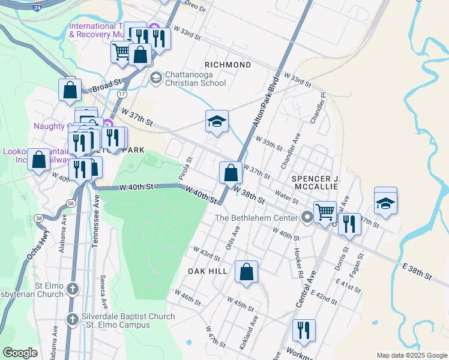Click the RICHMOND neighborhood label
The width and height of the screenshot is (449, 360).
[x=228, y=64]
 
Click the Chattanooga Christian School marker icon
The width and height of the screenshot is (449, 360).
[x=156, y=77]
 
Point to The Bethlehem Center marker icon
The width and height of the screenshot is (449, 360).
[x=308, y=217]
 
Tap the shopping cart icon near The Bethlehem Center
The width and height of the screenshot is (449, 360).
[x=325, y=211]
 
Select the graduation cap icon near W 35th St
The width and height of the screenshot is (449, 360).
[x=217, y=122]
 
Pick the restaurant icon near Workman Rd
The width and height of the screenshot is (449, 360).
[x=304, y=329]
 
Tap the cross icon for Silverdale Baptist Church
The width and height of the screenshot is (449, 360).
[x=72, y=319]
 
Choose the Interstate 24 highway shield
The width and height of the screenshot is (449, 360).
[x=36, y=8]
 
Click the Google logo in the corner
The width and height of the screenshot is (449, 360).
[x=20, y=352]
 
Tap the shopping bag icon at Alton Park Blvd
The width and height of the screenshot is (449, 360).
[x=231, y=173]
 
